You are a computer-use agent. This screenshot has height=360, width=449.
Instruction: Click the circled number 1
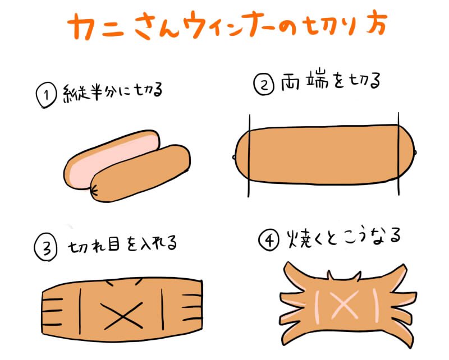click(x=46, y=95)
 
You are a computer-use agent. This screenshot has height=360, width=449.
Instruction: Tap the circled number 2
click(x=264, y=84)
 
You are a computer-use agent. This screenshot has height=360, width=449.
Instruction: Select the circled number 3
click(x=45, y=248)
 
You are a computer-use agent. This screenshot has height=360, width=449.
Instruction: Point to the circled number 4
click(x=269, y=241)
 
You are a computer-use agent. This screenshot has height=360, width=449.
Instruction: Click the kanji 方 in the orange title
click(x=377, y=24)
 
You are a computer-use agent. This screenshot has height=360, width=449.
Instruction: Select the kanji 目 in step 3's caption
click(x=113, y=246)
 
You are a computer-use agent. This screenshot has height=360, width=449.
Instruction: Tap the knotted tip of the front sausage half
click(x=94, y=190)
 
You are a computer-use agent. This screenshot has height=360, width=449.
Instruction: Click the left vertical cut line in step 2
click(x=249, y=156)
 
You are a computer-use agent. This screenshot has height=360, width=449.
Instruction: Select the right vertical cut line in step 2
click(x=398, y=154)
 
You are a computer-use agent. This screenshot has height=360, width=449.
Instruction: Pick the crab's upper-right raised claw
click(x=397, y=274)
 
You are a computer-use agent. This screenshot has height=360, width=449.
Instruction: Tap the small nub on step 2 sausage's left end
click(x=234, y=157)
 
